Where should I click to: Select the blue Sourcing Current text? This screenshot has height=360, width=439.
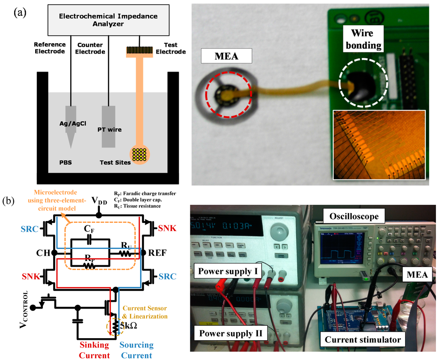(136, 350)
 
